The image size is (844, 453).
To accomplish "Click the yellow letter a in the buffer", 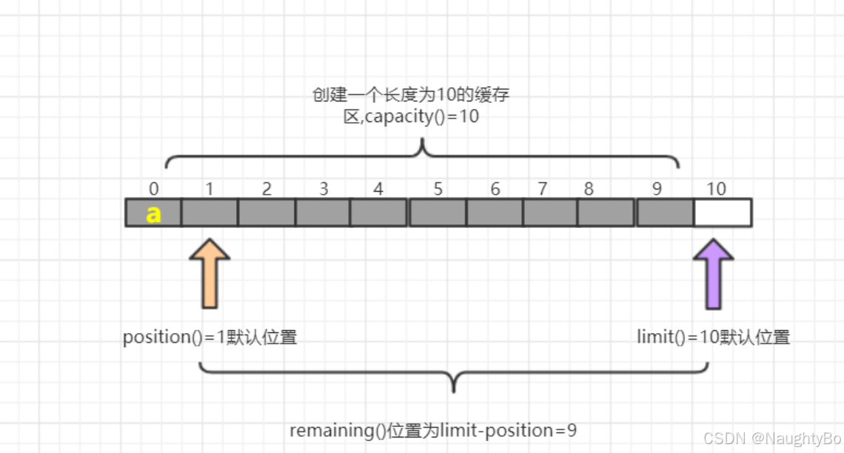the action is coord(153,213).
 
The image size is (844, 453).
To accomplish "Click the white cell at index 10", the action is coord(723,212).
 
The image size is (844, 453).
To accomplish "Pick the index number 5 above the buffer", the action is coord(438,189).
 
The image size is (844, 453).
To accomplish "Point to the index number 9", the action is coord(657,189).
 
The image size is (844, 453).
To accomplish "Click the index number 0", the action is coord(153,189).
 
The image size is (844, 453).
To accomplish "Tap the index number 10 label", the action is coord(716,189).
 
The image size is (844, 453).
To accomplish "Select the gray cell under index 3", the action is coord(323,212).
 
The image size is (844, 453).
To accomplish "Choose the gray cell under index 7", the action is coord(550,212).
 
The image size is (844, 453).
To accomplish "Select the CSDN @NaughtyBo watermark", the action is coord(772,438).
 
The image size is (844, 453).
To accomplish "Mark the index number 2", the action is coord(267,189).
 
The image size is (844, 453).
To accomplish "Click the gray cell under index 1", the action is coord(210,212).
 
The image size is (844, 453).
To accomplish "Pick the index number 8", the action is coord(589,189).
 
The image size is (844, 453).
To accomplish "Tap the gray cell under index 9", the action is coord(665,212).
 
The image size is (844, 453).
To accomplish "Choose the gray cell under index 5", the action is coord(438,212).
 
